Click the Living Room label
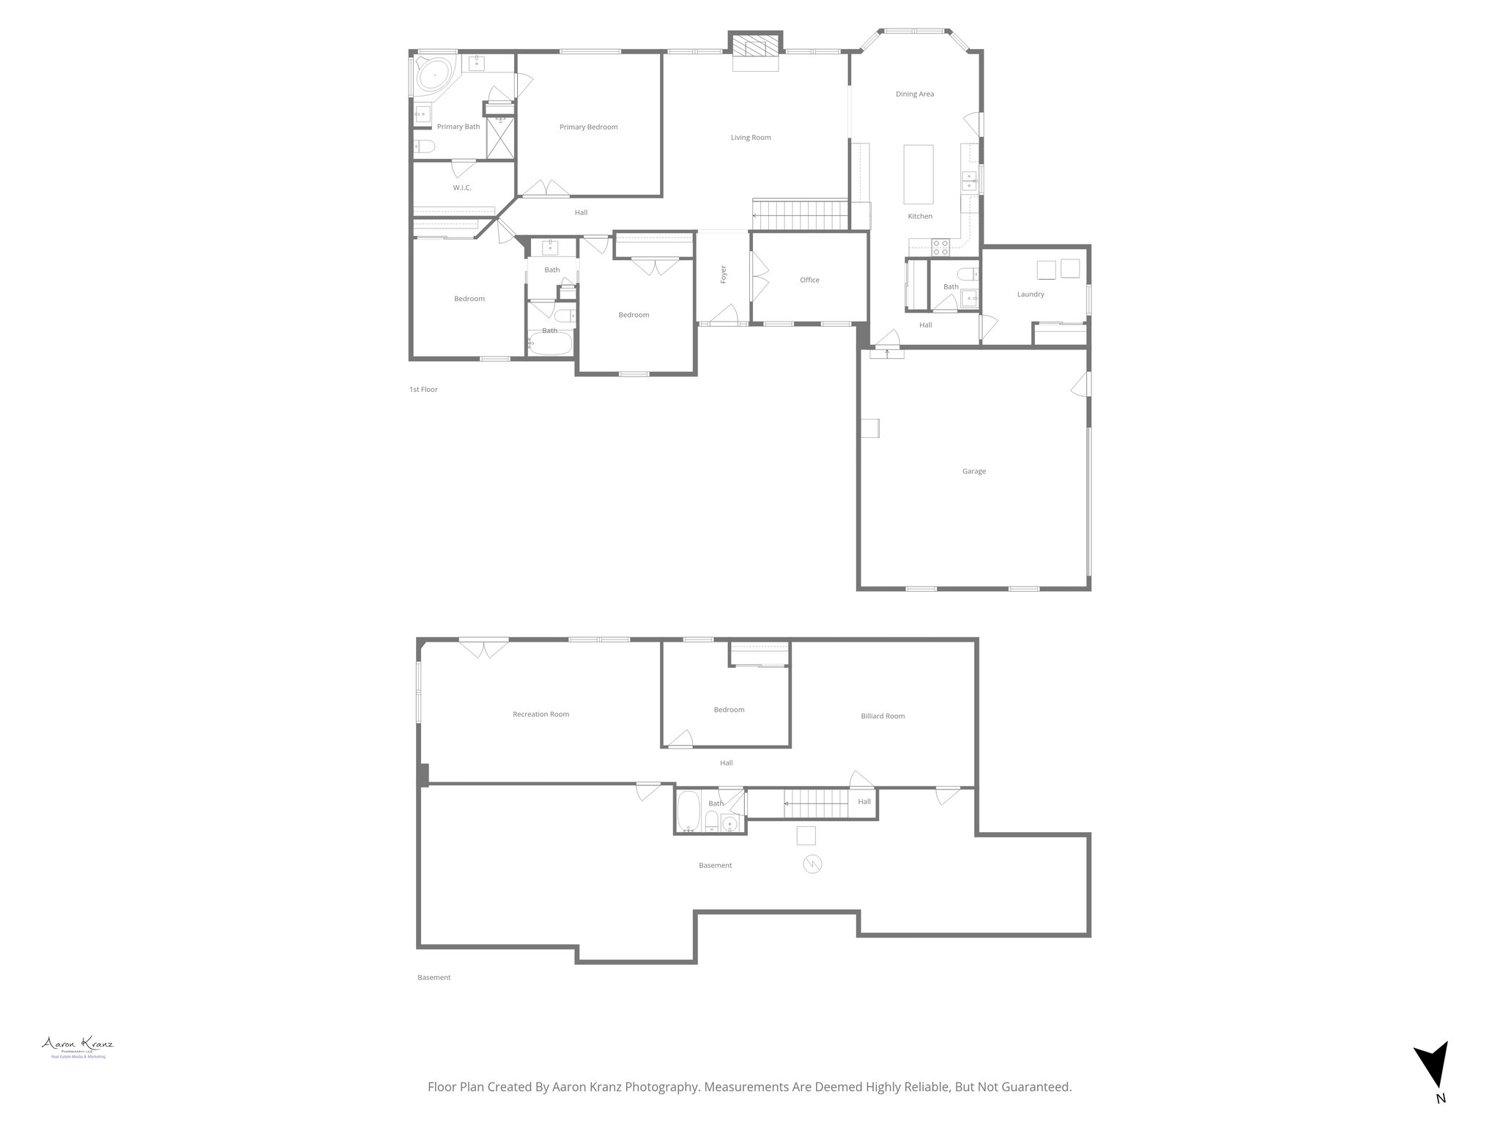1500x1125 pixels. point(751,138)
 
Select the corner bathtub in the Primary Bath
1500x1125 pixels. point(433,75)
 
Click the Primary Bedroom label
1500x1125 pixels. point(588,127)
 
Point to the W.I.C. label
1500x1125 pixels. point(461,188)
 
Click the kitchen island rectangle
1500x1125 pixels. point(918,174)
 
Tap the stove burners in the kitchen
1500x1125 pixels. point(940,248)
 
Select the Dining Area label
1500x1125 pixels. point(915,94)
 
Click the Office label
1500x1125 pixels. point(809,281)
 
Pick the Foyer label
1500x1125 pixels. point(724,275)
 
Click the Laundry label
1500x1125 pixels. point(1031,294)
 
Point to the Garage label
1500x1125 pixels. point(974,472)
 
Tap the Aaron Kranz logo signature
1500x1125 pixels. point(77,1044)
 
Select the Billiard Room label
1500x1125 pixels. point(883,716)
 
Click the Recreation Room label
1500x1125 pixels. point(541,715)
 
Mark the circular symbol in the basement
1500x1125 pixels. point(812,865)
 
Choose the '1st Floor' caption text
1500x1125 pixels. point(423,390)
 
